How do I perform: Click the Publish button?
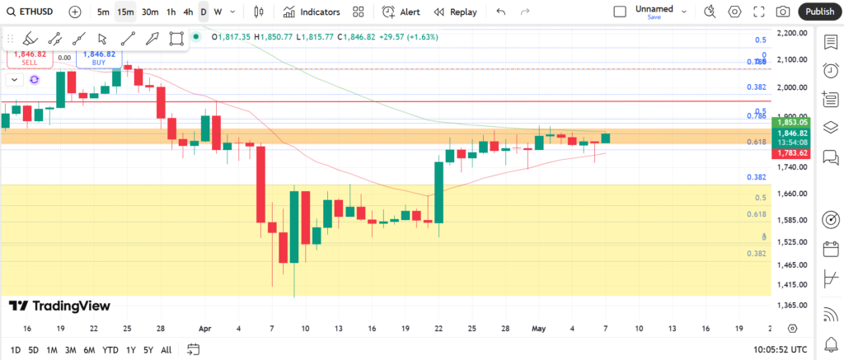(819, 12)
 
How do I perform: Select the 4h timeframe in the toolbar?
(188, 12)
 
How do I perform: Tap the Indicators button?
(312, 12)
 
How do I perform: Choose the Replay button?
(455, 12)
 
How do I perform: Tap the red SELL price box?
(30, 57)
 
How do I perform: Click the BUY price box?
(99, 57)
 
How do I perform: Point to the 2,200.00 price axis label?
(791, 33)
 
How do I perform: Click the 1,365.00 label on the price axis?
(791, 306)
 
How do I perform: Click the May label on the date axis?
(538, 328)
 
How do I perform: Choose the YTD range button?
(110, 349)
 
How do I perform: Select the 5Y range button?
(148, 349)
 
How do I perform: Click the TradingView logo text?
(59, 306)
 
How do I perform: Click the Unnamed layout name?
(654, 9)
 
